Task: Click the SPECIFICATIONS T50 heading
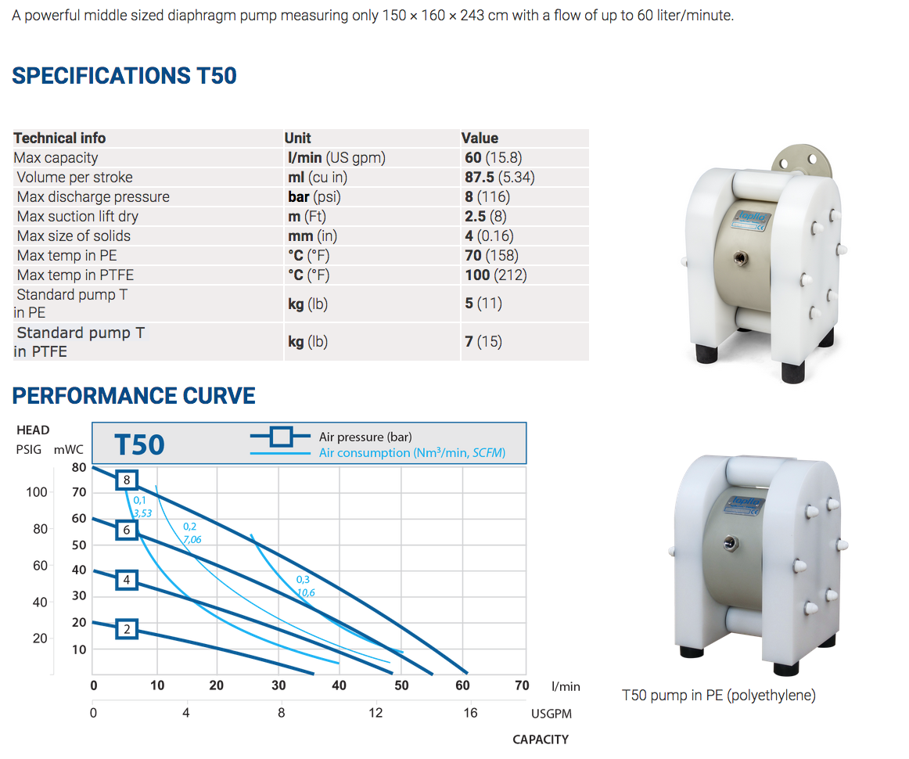coord(124,76)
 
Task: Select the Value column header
coord(480,138)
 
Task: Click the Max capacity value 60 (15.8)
coord(494,157)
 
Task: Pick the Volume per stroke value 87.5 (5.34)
coord(499,177)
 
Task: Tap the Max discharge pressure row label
coord(93,196)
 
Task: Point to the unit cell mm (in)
coord(311,236)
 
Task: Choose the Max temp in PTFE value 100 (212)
coord(496,275)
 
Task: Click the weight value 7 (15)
coord(483,342)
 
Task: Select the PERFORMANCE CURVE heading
coord(134,395)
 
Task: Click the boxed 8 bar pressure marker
coord(126,479)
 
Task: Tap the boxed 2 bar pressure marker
coord(127,628)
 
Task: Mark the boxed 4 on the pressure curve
coord(127,580)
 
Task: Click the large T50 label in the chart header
coord(139,444)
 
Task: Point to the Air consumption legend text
coord(412,452)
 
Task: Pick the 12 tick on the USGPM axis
coord(377,713)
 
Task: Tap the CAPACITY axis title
coord(541,739)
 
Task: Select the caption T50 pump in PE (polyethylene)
coord(718,695)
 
